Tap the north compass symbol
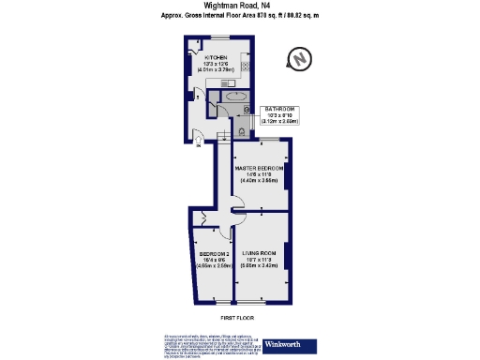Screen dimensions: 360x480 pyautogui.click(x=299, y=61)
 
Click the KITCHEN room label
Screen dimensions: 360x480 pyautogui.click(x=217, y=56)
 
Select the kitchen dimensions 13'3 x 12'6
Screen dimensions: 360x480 pyautogui.click(x=217, y=63)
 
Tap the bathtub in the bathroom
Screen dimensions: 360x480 pyautogui.click(x=234, y=96)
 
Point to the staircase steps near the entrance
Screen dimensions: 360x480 pyautogui.click(x=223, y=139)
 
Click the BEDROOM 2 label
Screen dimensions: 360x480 pyautogui.click(x=215, y=253)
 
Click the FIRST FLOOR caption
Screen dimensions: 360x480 pyautogui.click(x=239, y=318)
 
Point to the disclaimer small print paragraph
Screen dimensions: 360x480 pyautogui.click(x=211, y=345)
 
